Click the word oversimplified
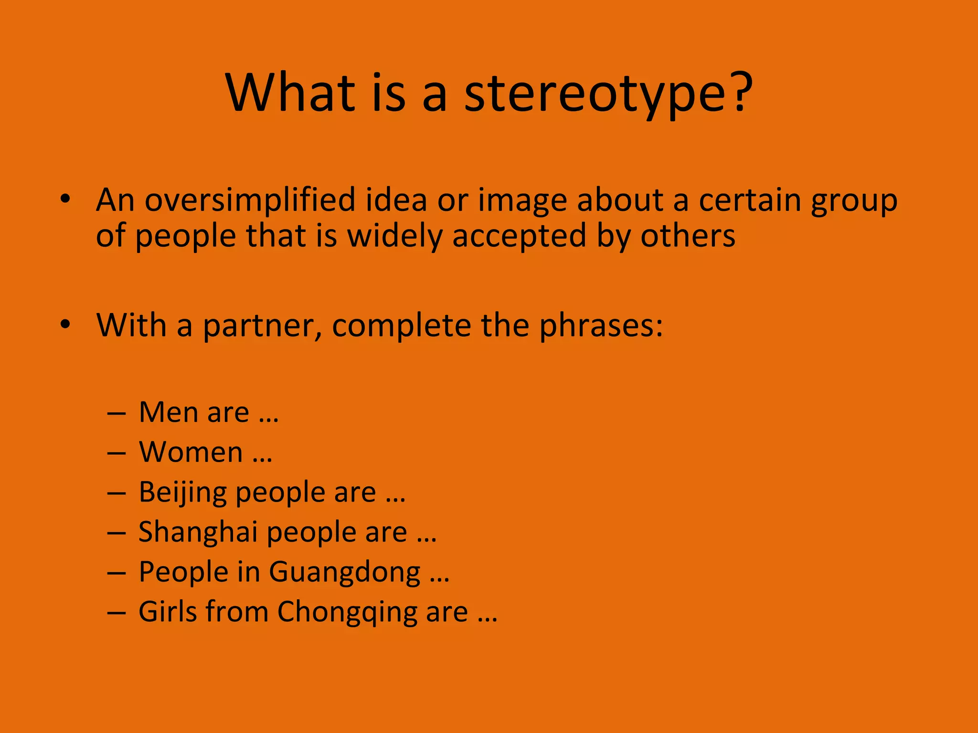[x=250, y=200]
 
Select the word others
[x=688, y=236]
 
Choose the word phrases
[x=601, y=326]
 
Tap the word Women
[x=191, y=452]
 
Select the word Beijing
[x=182, y=493]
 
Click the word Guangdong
[x=344, y=573]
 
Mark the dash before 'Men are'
[x=117, y=413]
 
